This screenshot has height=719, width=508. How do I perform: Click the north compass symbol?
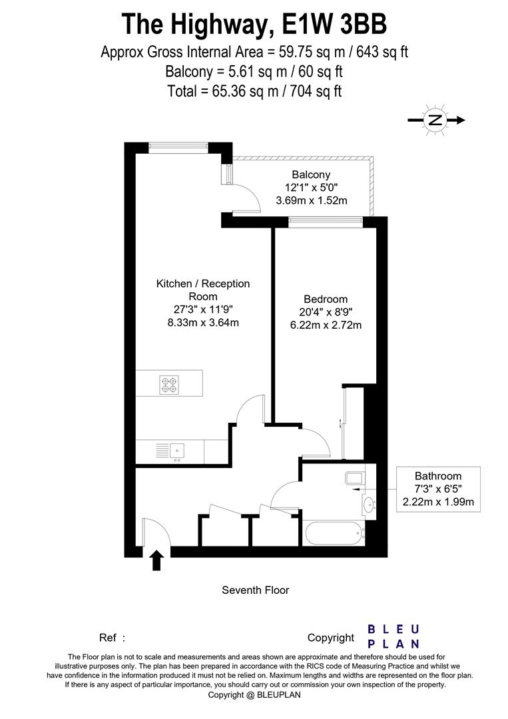[x=436, y=120]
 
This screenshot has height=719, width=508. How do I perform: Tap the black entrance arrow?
[x=157, y=560]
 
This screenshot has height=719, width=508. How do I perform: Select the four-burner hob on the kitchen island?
[x=168, y=385]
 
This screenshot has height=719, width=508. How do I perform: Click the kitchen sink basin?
[x=177, y=450]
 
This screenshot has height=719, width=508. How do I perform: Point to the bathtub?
[x=334, y=533]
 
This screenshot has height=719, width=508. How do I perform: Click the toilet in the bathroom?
[x=354, y=478]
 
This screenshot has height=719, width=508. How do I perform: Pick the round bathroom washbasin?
[x=368, y=505]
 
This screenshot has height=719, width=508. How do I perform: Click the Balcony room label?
[x=311, y=174]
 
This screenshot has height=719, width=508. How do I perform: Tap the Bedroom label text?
[x=326, y=300]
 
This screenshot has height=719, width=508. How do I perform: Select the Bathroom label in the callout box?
[x=438, y=476]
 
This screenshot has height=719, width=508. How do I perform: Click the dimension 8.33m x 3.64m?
[x=203, y=322]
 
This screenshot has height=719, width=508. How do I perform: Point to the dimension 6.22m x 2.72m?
[x=326, y=325]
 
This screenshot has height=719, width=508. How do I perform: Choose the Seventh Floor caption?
[x=256, y=590]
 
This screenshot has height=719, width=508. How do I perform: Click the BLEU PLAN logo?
[x=393, y=637]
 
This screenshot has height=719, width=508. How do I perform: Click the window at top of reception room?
[x=179, y=148]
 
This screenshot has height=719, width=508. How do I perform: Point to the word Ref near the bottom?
[x=107, y=638]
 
